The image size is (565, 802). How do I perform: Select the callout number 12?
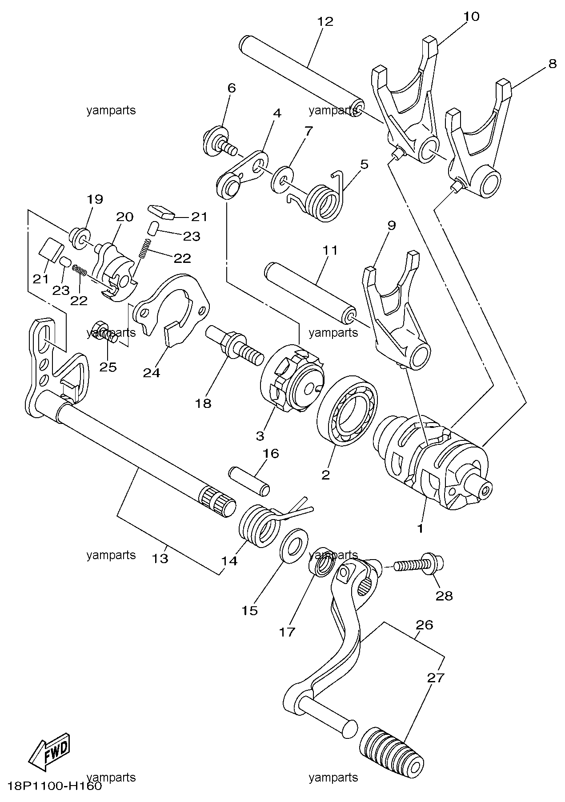click(x=325, y=21)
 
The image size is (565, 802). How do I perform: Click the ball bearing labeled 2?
click(x=347, y=411)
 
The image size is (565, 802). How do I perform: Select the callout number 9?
click(x=391, y=226)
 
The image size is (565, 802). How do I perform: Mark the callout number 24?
click(x=151, y=373)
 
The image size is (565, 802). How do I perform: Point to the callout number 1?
click(x=420, y=528)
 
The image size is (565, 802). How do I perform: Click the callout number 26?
click(x=424, y=625)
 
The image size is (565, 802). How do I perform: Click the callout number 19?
click(x=95, y=199)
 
